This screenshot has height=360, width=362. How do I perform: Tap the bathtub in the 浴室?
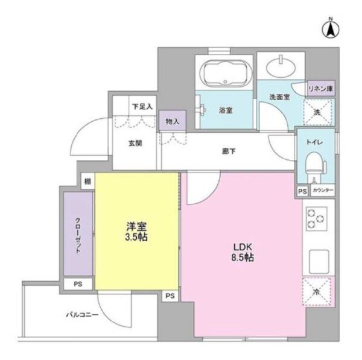click(223, 75)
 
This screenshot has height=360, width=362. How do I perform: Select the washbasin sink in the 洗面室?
click(281, 66)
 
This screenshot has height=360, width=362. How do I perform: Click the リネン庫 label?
click(321, 89)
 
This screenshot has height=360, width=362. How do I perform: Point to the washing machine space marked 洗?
click(317, 112)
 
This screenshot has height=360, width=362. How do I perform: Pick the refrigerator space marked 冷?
click(317, 292)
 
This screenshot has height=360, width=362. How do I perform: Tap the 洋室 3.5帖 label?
click(136, 232)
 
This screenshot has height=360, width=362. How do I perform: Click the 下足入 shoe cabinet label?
click(142, 106)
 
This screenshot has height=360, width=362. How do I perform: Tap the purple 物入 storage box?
click(173, 121)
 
